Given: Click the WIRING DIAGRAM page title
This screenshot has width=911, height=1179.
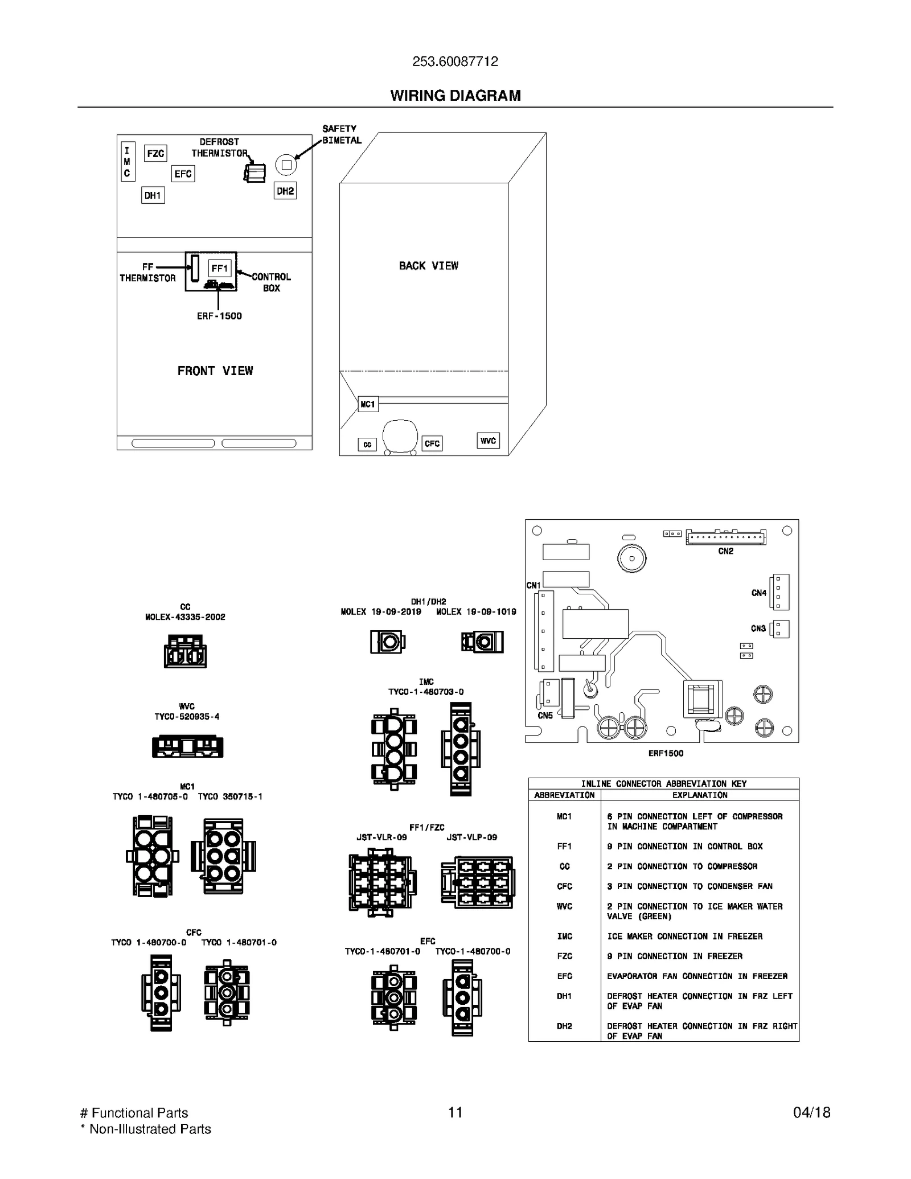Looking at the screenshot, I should click(x=455, y=96).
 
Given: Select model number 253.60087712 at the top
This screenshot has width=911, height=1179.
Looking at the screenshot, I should click(x=455, y=61).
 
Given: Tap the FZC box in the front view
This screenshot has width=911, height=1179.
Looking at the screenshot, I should click(x=155, y=153).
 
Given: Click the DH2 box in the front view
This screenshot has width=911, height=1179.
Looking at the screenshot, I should click(x=285, y=191).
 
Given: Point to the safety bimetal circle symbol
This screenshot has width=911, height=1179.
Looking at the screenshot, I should click(x=286, y=165).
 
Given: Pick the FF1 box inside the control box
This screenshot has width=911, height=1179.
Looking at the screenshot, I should click(x=220, y=268).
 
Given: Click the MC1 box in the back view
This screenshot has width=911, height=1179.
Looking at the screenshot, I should click(x=368, y=404).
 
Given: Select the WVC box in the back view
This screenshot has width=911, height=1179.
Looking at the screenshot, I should click(x=488, y=441).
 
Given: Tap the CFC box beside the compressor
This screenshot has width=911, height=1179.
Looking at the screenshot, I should click(x=432, y=443).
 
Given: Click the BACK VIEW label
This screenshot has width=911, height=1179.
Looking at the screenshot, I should click(x=428, y=266).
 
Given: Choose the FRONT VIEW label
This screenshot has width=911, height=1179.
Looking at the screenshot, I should click(x=215, y=371).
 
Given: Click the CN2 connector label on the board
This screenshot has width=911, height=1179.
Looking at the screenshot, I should click(x=725, y=551).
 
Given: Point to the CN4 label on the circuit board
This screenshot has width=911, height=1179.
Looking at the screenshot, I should click(x=758, y=593).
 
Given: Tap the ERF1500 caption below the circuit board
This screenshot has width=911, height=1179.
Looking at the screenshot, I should click(x=666, y=753).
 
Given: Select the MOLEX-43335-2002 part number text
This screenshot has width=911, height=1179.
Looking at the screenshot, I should click(x=185, y=617).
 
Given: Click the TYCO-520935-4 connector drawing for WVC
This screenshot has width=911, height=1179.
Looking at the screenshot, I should click(x=187, y=746).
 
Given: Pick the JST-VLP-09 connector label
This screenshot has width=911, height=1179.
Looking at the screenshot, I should click(x=471, y=837).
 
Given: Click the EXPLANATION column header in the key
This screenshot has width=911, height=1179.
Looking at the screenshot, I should click(x=700, y=795).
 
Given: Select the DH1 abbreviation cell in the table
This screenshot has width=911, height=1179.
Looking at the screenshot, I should click(x=564, y=996).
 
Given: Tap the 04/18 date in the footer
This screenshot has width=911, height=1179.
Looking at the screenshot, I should click(x=812, y=1112).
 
